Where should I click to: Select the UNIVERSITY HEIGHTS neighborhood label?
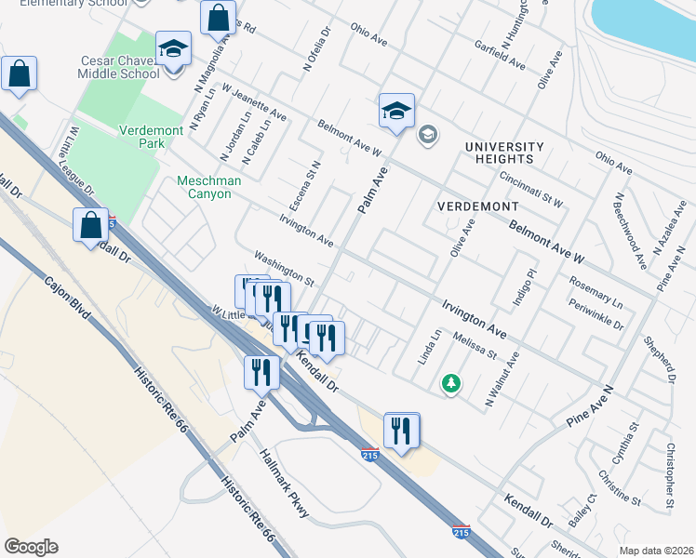click(503, 153)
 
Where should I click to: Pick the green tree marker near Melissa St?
click(451, 383)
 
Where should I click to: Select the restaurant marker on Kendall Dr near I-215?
click(401, 431)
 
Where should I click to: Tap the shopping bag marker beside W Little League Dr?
click(90, 226)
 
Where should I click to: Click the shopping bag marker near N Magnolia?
click(217, 18)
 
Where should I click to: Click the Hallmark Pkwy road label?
click(285, 485)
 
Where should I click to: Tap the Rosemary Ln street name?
click(596, 289)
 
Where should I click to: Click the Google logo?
click(31, 547)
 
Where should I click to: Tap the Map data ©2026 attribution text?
click(655, 551)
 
